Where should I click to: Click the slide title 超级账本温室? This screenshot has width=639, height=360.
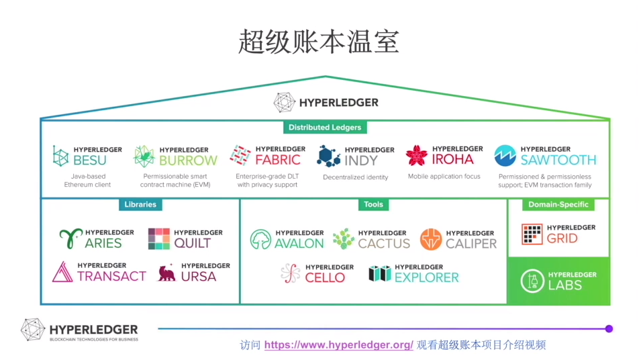(319, 42)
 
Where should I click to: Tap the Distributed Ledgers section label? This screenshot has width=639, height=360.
(325, 127)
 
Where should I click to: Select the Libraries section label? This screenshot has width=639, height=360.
(140, 204)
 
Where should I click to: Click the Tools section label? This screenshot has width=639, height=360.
(373, 204)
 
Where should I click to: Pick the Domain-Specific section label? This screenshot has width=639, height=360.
(558, 204)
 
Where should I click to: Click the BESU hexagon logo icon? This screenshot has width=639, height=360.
(61, 156)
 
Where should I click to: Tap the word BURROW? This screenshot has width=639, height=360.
(188, 161)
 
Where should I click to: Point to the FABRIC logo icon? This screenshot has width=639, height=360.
(240, 156)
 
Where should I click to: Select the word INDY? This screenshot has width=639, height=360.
(361, 161)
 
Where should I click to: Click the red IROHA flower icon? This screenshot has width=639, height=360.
(417, 156)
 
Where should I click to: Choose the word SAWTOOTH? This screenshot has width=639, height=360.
(558, 161)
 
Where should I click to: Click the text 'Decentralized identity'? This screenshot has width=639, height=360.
(356, 177)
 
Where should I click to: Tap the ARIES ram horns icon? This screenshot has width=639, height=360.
(70, 238)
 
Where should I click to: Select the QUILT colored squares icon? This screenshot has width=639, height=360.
(159, 238)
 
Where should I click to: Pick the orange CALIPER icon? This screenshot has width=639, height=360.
(431, 239)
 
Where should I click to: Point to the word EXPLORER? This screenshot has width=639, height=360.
(427, 277)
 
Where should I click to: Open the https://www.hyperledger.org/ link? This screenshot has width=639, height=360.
(339, 345)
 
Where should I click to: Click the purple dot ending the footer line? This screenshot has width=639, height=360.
(609, 328)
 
